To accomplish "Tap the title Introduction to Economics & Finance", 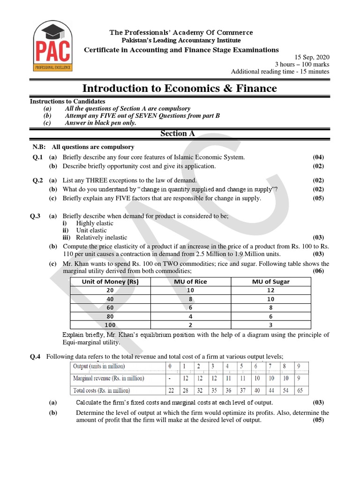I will (180, 88).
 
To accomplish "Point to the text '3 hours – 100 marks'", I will (302, 64).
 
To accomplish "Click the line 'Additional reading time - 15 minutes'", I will (280, 71).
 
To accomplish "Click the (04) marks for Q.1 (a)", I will (318, 157).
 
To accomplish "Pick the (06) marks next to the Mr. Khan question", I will (318, 271).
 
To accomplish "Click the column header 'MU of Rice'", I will (190, 282).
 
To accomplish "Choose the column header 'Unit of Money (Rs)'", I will (110, 282).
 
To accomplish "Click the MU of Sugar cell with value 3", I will (271, 324).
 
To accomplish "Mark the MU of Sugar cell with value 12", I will (271, 290).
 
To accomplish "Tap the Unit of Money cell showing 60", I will (110, 307).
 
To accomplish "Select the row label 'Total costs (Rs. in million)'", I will (101, 390).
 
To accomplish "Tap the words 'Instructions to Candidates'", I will (67, 101).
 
